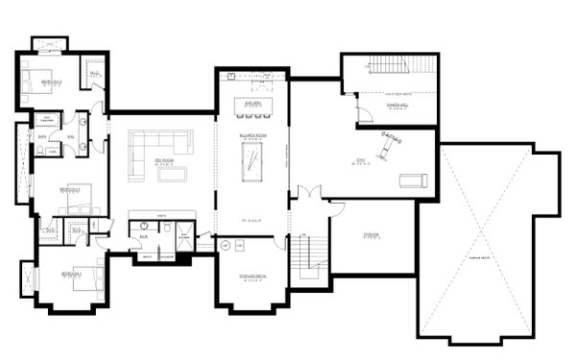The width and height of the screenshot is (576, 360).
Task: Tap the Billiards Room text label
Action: pos(253,137)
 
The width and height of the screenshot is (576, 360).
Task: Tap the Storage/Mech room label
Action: pos(252,279)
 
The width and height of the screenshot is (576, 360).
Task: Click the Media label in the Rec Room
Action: pos(161,216)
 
